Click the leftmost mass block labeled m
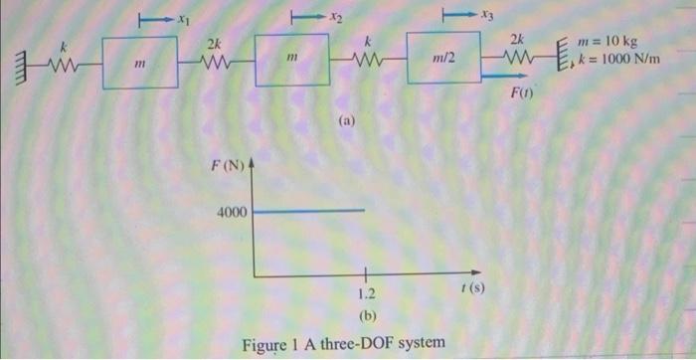tap(141, 63)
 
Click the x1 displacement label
tap(182, 18)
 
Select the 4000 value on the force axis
tap(234, 212)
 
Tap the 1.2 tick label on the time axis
tap(366, 294)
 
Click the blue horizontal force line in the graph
tap(308, 211)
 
